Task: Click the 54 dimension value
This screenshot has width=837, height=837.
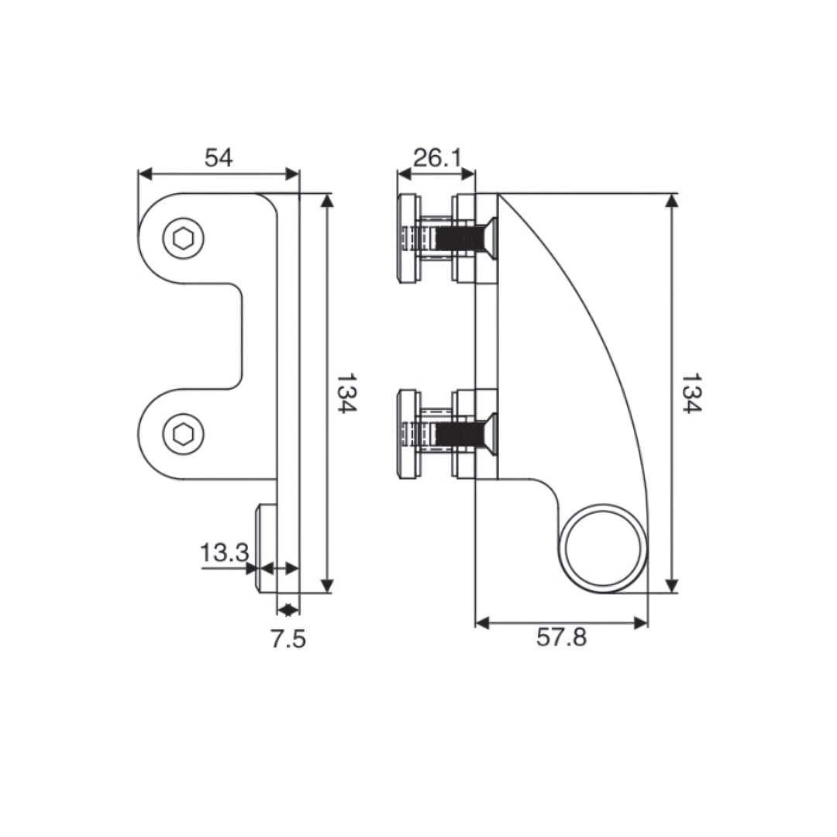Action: (x=219, y=158)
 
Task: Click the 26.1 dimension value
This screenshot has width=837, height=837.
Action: (x=436, y=158)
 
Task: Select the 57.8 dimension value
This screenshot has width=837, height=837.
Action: (x=561, y=638)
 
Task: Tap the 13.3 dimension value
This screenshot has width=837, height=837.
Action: (x=224, y=553)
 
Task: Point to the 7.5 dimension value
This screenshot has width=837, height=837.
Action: (x=288, y=639)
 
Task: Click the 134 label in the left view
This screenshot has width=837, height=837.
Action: (x=346, y=394)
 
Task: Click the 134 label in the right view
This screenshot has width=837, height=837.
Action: (x=691, y=394)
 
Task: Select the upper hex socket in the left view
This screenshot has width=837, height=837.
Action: (x=184, y=239)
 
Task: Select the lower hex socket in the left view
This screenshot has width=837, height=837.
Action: (x=184, y=434)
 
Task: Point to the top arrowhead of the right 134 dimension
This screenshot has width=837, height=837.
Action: (x=672, y=200)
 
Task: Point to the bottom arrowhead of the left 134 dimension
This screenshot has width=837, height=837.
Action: (x=327, y=585)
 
